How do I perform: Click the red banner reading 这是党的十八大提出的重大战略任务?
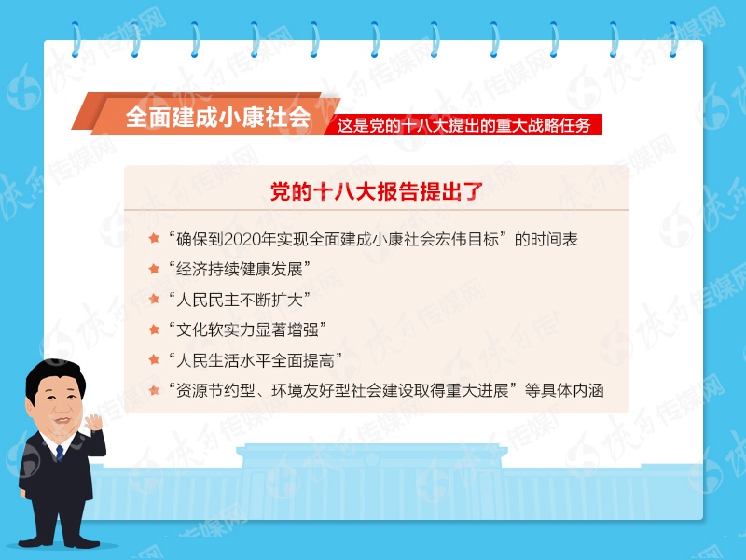(463, 125)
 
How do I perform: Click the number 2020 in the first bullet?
(233, 240)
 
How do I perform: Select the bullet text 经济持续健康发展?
(240, 270)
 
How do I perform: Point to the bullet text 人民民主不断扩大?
(240, 300)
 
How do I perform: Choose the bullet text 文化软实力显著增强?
(247, 329)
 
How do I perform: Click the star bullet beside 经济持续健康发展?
(155, 269)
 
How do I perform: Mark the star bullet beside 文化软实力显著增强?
(155, 329)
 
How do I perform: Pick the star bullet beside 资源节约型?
(155, 389)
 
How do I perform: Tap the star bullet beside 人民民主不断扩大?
(155, 299)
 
